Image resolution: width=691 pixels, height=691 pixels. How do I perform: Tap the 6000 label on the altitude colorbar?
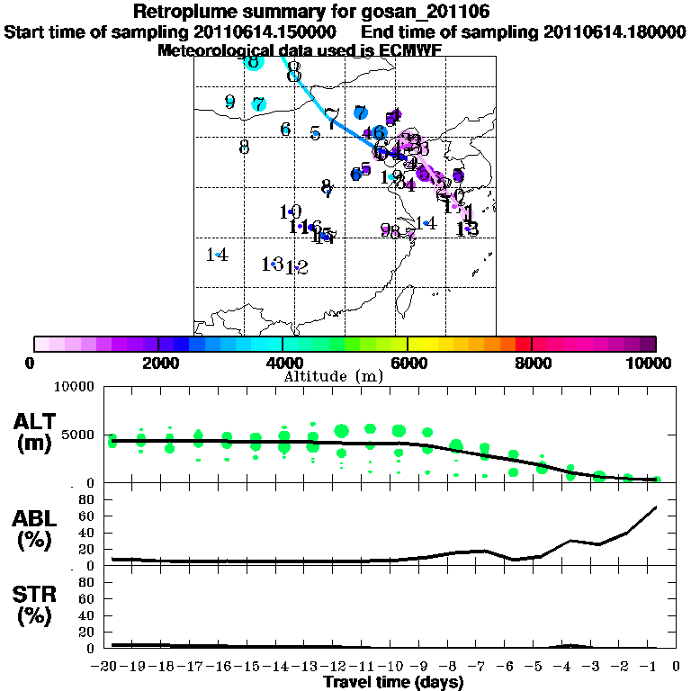pyautogui.click(x=408, y=363)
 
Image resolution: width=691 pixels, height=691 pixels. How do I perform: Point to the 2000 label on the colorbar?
pyautogui.click(x=157, y=363)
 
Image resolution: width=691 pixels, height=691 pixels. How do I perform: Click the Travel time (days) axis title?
pyautogui.click(x=393, y=682)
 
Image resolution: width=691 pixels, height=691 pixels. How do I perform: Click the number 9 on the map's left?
pyautogui.click(x=229, y=102)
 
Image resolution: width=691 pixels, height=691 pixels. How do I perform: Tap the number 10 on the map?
pyautogui.click(x=290, y=212)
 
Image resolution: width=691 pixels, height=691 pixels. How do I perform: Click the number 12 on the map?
pyautogui.click(x=298, y=267)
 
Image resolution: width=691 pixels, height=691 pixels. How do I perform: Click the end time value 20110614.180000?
pyautogui.click(x=615, y=31)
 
